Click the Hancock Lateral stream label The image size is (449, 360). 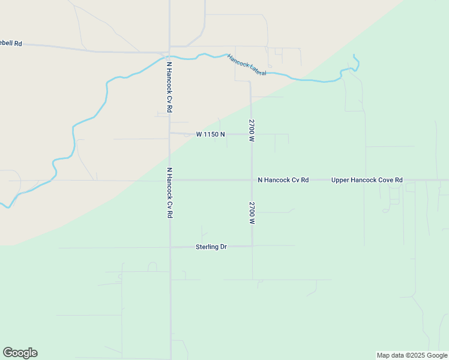[246, 64]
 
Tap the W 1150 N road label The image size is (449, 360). [210, 134]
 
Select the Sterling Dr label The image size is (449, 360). [211, 247]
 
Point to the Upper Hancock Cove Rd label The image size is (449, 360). [367, 180]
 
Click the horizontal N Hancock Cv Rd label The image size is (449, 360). [283, 180]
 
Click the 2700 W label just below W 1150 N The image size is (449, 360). [252, 130]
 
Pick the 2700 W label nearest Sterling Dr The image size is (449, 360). [252, 213]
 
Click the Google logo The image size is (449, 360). [20, 353]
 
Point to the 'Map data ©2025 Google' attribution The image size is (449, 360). [412, 355]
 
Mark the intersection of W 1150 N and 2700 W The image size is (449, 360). [252, 134]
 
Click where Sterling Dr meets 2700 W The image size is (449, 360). [252, 246]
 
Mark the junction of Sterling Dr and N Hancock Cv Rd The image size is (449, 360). [170, 247]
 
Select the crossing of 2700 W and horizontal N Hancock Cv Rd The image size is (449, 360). [252, 180]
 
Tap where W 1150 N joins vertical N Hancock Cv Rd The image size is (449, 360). [170, 133]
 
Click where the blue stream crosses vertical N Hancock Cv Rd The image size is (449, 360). [170, 57]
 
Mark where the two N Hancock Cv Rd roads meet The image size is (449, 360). [170, 180]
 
